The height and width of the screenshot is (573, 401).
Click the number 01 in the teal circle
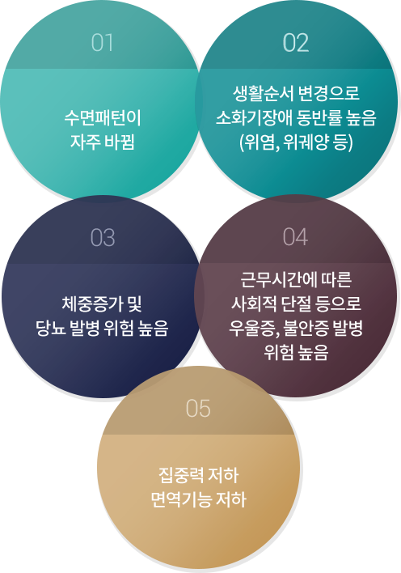tap(102, 43)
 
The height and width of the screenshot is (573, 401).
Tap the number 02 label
tap(296, 43)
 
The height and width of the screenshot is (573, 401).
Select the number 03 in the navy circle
tap(103, 237)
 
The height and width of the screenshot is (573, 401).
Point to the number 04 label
tap(295, 237)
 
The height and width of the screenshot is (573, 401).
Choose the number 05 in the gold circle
tap(198, 408)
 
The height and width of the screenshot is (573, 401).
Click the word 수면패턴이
tap(103, 118)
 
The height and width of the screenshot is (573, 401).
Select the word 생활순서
tap(264, 94)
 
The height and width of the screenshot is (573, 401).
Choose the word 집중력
tap(180, 475)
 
